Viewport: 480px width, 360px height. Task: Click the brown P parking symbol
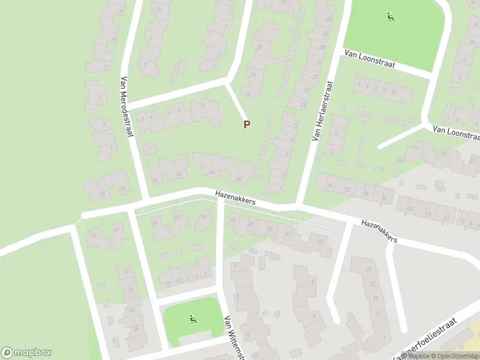246,124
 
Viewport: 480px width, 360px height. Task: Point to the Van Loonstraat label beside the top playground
369,59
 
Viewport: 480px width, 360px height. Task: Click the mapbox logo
26,352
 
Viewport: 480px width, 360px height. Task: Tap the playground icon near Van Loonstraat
391,17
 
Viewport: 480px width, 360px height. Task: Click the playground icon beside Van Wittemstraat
193,320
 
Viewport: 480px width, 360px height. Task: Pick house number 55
204,216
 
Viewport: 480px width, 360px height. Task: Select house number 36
329,185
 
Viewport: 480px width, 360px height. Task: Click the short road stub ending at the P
236,100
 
